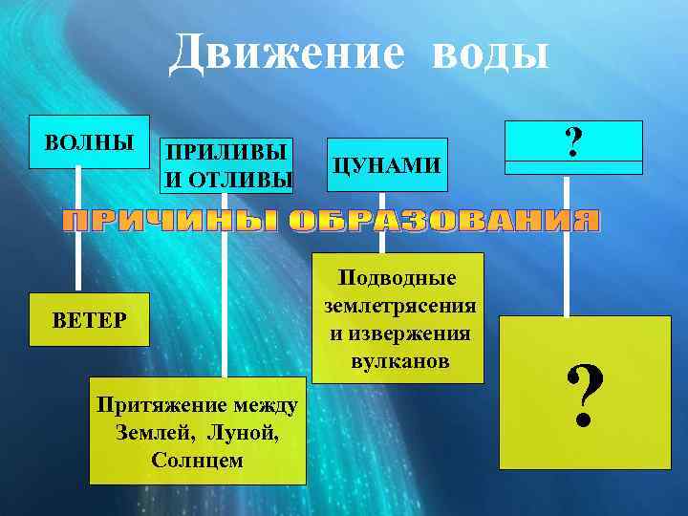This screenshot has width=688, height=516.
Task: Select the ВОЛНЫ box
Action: [x=89, y=143]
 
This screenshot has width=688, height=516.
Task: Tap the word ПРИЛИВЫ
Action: [x=226, y=153]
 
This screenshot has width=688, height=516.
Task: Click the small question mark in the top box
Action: [x=573, y=143]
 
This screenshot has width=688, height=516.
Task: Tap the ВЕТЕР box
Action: [x=89, y=318]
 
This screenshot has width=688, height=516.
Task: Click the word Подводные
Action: [x=399, y=278]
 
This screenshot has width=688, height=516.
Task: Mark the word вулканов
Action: [x=399, y=363]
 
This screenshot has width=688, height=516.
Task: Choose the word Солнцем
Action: [x=197, y=460]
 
